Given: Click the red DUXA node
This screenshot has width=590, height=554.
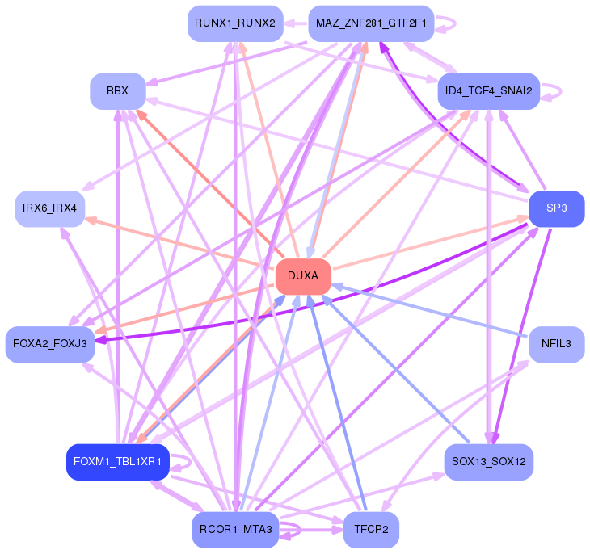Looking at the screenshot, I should pyautogui.click(x=303, y=276).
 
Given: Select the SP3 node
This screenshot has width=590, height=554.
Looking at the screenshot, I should pyautogui.click(x=556, y=208).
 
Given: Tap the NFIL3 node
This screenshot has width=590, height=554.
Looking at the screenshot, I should pyautogui.click(x=556, y=344).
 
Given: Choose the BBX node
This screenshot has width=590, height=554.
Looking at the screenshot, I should pyautogui.click(x=117, y=91).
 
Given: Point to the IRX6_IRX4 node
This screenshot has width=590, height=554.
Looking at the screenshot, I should pyautogui.click(x=49, y=208).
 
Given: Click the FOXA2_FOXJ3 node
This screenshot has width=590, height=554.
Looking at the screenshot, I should pyautogui.click(x=49, y=344).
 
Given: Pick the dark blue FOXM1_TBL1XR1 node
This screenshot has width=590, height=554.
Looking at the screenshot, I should pyautogui.click(x=117, y=462).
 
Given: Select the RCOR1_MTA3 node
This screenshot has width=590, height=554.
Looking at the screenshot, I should pyautogui.click(x=235, y=530).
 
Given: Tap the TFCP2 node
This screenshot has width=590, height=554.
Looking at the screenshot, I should pyautogui.click(x=371, y=530).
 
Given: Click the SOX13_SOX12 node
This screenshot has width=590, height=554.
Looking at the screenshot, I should pyautogui.click(x=488, y=462).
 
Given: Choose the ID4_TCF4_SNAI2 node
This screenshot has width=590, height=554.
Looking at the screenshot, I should pyautogui.click(x=488, y=91).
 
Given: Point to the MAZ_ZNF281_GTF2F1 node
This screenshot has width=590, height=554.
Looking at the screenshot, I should pyautogui.click(x=371, y=23).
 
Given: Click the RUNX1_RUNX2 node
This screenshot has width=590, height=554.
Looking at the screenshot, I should pyautogui.click(x=235, y=23).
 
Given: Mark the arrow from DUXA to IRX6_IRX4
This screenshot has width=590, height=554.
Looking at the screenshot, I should pyautogui.click(x=178, y=242).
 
